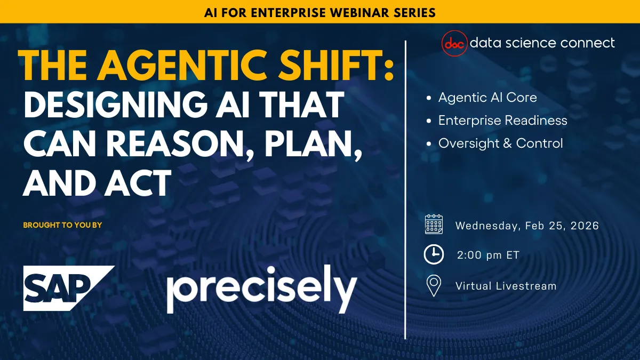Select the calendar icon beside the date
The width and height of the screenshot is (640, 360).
click(434, 225)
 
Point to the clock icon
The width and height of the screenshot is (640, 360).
click(434, 255)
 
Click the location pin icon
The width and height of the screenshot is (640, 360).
click(434, 286)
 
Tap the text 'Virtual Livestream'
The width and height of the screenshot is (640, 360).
click(506, 286)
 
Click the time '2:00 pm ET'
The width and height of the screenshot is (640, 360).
click(488, 255)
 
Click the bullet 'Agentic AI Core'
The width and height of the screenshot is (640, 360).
click(487, 98)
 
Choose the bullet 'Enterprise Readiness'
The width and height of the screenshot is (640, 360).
click(502, 121)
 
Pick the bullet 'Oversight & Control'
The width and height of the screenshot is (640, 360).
click(500, 143)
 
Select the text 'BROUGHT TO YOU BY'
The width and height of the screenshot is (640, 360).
click(62, 225)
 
